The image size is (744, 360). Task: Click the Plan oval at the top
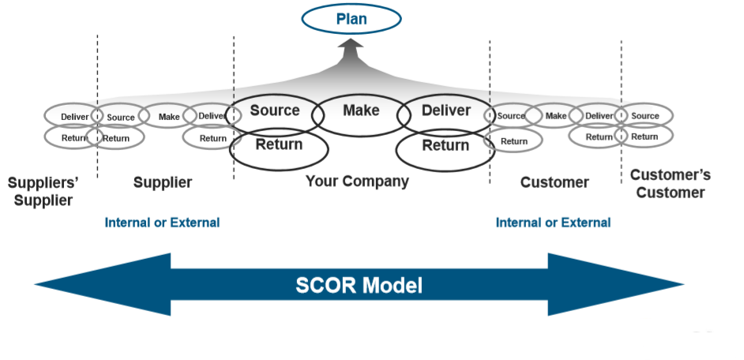(x=351, y=19)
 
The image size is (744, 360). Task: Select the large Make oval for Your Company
(x=361, y=111)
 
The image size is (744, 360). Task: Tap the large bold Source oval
(x=274, y=111)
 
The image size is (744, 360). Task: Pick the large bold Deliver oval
(x=445, y=111)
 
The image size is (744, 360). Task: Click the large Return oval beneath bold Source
(x=278, y=145)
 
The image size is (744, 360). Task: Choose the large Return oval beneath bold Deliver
(x=444, y=146)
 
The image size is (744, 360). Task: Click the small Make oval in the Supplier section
(x=169, y=117)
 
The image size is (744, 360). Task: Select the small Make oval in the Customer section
(x=556, y=116)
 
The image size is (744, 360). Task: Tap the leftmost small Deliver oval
(x=73, y=117)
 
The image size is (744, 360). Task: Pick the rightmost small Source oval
(x=645, y=116)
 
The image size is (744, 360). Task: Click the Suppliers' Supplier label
(x=43, y=191)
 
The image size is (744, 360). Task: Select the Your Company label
(x=357, y=182)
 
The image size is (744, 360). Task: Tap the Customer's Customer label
(x=670, y=183)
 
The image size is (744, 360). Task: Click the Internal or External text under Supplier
(x=162, y=223)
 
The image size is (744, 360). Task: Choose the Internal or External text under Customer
(x=553, y=223)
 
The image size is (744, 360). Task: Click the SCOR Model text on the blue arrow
(x=359, y=285)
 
